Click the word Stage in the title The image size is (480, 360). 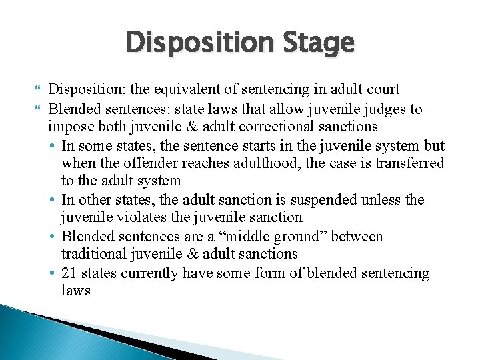[321, 43]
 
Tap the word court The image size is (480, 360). [379, 89]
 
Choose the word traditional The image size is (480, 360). [93, 255]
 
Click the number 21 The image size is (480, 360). [69, 273]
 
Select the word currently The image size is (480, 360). [151, 273]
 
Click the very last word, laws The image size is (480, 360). [75, 291]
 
